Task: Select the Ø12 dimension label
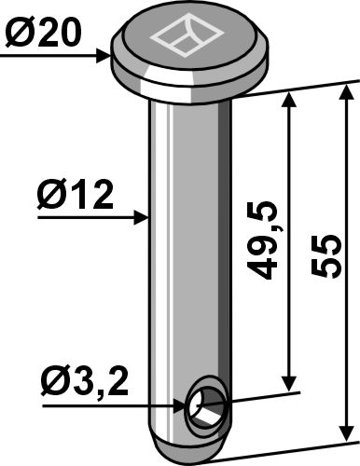tap(76, 196)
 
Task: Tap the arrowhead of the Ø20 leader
tap(106, 57)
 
